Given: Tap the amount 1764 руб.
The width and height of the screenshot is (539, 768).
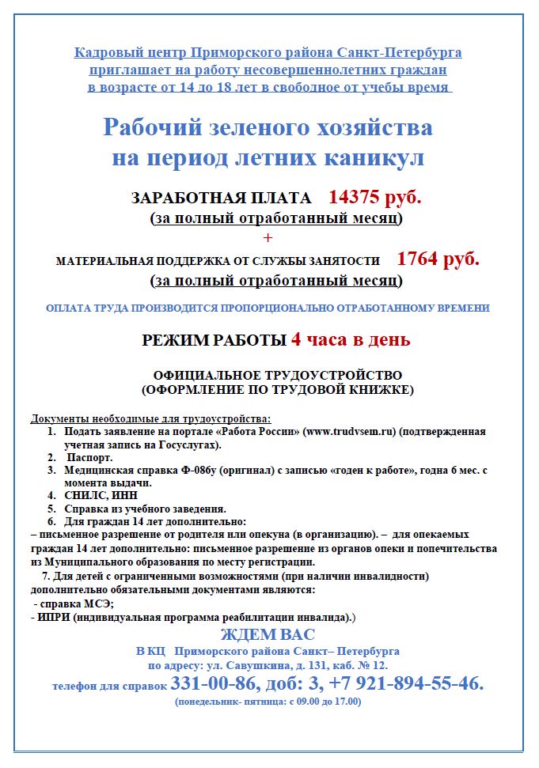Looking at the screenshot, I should pos(438,259).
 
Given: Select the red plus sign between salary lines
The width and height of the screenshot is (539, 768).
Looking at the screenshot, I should pos(268,238).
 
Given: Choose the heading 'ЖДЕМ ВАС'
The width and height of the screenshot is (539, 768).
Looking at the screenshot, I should pos(268,634).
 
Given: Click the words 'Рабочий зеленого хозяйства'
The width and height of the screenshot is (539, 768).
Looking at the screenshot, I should pos(268,127).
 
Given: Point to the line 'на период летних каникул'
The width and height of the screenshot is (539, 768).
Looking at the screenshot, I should pos(268,157).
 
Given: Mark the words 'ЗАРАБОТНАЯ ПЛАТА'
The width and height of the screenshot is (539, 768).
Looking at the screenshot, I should pos(222,199).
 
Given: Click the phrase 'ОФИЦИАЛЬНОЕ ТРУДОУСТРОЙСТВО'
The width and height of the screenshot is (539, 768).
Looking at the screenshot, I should pos(277,375).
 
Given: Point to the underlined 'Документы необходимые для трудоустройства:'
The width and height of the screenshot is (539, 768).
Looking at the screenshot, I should pos(150,418).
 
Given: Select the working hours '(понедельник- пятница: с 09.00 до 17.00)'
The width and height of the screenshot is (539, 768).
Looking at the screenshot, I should pos(268,701).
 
